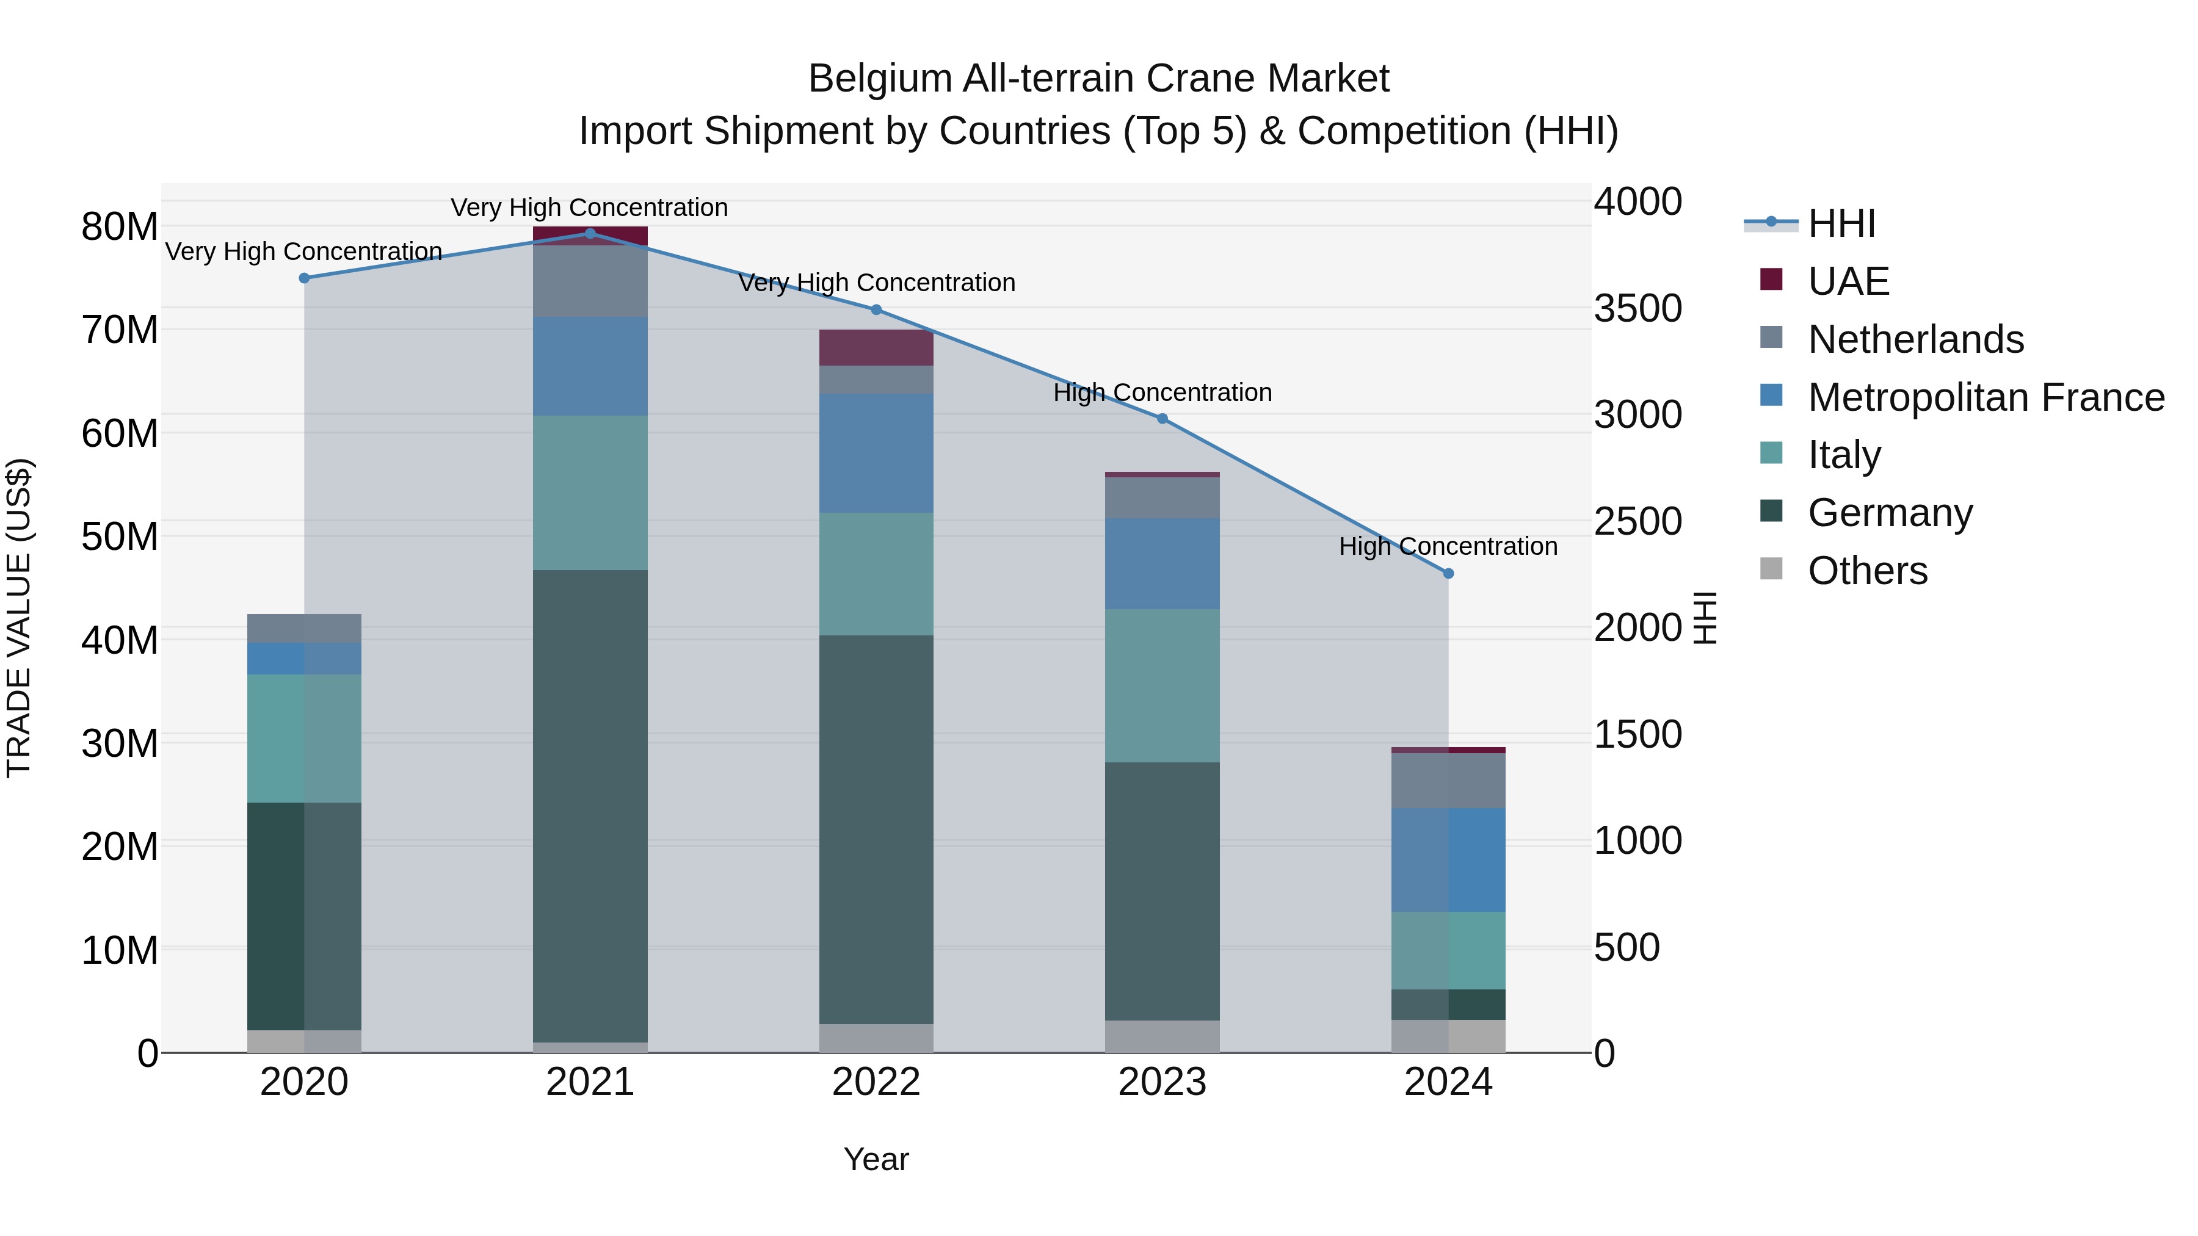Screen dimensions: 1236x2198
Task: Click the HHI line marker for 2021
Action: pos(590,233)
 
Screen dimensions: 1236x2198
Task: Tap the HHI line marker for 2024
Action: pos(1448,573)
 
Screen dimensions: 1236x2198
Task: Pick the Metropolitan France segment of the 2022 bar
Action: pos(876,453)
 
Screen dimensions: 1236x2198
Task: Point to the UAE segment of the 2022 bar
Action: pos(876,347)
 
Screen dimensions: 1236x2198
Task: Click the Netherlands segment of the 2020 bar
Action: pos(304,628)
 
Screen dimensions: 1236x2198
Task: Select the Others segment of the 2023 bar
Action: pos(1162,1036)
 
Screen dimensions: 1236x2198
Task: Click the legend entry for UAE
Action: pos(1848,281)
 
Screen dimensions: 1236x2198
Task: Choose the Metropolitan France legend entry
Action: pos(1985,397)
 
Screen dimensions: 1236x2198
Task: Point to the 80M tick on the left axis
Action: pos(120,227)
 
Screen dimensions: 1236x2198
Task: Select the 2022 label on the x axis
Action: pos(876,1082)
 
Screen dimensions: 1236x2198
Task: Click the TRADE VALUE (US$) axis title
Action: pos(19,618)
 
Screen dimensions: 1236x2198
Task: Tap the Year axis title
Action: pos(876,1159)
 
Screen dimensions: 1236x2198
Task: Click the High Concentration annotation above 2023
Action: pos(1162,392)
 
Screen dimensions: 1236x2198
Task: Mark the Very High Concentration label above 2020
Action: pos(304,251)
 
